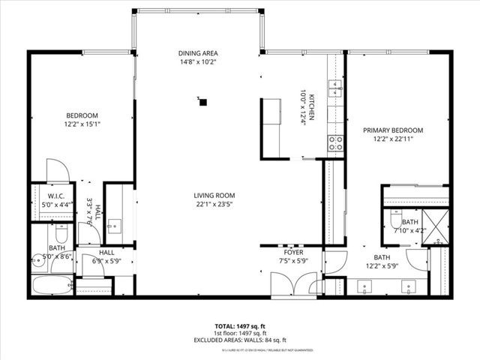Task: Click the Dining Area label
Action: (198, 53)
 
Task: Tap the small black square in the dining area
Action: (201, 100)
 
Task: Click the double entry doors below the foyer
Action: (293, 284)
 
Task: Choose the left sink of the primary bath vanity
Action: (367, 285)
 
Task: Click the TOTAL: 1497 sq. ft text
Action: (240, 326)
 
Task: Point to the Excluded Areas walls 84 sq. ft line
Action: (240, 340)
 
